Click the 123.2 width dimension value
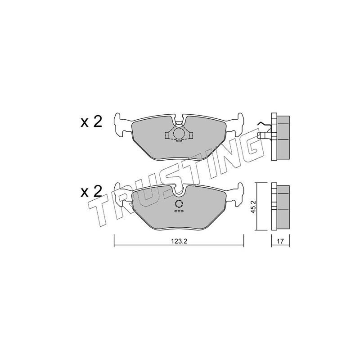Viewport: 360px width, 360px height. [180, 242]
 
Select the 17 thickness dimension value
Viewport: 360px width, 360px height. [280, 241]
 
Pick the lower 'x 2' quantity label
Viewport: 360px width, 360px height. [91, 192]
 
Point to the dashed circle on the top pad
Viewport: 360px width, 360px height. [178, 134]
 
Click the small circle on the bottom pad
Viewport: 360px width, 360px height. [179, 204]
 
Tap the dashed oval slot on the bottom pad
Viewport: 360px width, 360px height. [179, 211]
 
